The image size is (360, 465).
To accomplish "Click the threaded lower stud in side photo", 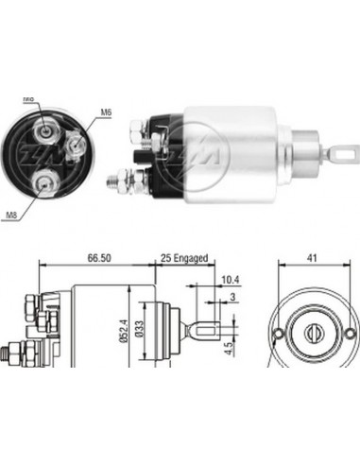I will (x=123, y=176).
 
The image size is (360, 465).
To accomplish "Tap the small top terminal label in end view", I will (x=28, y=98).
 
